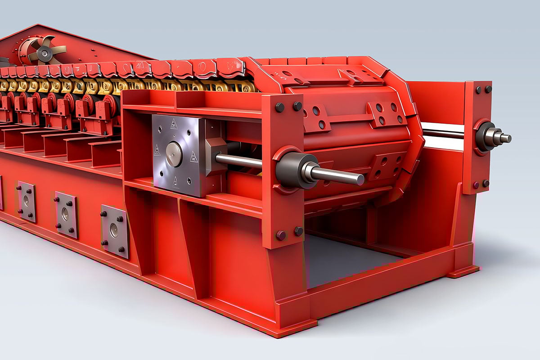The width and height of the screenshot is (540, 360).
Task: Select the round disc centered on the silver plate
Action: [174, 154]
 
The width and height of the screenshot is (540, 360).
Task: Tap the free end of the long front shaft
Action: [360, 179]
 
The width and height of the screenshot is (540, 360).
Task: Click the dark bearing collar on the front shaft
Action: [293, 170]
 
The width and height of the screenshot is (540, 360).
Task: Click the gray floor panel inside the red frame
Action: [342, 261]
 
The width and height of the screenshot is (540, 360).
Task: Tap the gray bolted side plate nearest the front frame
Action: [114, 230]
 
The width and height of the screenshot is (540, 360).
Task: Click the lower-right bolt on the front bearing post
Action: [298, 231]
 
